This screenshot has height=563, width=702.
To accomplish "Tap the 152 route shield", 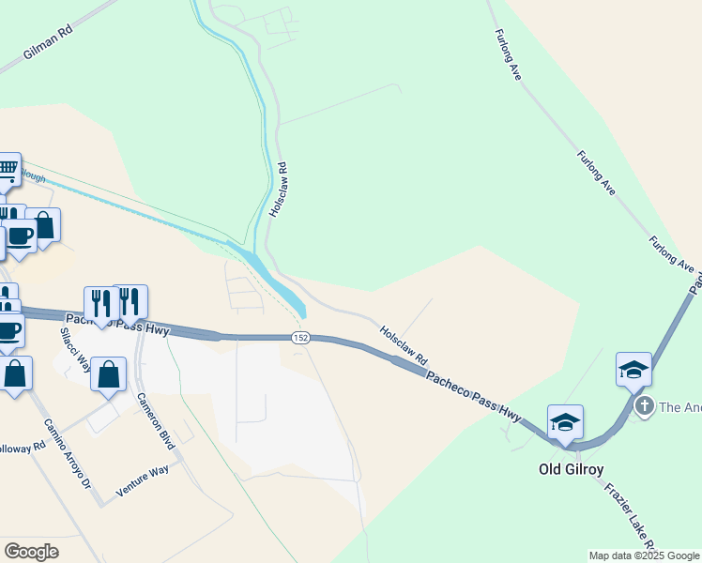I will tap(300, 338).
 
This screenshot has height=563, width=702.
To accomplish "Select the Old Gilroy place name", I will tap(570, 467).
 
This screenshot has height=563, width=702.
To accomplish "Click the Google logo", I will tap(31, 552).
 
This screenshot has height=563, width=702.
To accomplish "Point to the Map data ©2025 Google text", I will tap(644, 555).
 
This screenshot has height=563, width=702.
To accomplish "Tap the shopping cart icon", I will tap(8, 170).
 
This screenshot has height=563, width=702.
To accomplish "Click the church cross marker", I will tap(644, 405).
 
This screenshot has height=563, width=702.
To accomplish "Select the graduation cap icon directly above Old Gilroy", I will tap(565, 421).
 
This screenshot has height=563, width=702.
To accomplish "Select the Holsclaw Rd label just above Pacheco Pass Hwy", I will tap(404, 345).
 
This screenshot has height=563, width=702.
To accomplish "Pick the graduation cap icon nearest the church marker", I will tap(633, 369).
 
